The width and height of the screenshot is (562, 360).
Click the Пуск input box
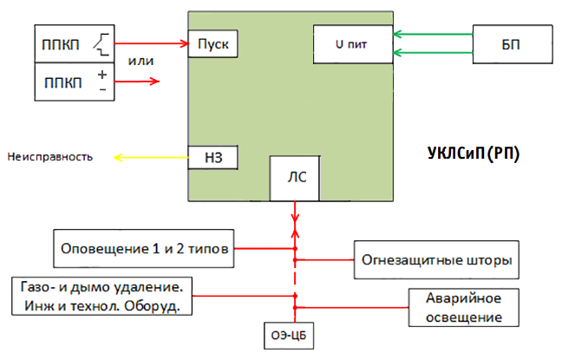pos(212,43)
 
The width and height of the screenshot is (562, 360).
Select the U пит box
pos(351,44)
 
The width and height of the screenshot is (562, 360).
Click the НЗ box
pos(212,157)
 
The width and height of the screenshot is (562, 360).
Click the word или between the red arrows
pos(140,61)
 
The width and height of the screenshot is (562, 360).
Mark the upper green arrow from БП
pos(431,35)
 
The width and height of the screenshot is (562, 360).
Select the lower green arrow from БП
pos(431,54)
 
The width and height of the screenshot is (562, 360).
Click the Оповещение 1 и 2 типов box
pos(143,249)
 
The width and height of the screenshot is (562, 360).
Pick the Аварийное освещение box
pos(463,307)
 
